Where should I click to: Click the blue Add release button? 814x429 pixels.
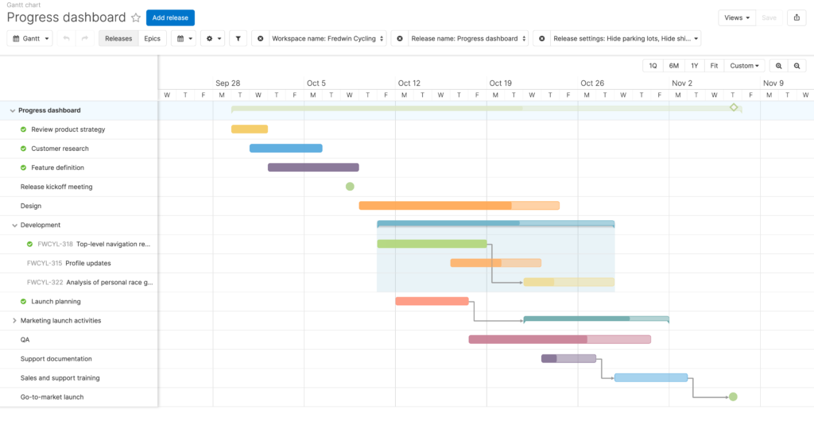tap(170, 17)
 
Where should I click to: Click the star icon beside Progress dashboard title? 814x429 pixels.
tap(136, 17)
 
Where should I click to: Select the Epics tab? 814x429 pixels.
tap(152, 38)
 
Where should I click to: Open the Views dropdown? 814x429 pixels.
tap(737, 17)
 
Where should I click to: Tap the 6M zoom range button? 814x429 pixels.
tap(674, 66)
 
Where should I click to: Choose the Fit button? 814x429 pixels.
tap(714, 66)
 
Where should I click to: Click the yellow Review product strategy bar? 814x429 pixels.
tap(250, 129)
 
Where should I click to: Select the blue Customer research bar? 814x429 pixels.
tap(286, 149)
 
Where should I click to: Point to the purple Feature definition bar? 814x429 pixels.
tap(313, 168)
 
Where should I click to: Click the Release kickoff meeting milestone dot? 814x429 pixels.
tap(350, 186)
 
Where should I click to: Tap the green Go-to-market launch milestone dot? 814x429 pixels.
tap(733, 397)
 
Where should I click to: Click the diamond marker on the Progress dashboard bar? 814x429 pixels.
tap(734, 107)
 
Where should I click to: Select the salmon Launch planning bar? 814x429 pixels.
tap(432, 301)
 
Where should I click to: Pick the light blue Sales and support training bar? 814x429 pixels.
tap(651, 377)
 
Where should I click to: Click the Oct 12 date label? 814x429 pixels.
tap(409, 83)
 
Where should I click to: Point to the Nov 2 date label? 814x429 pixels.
tap(681, 83)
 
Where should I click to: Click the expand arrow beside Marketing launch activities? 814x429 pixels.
tap(14, 321)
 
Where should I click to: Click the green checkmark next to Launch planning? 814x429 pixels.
tap(23, 301)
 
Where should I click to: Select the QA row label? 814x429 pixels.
tap(25, 340)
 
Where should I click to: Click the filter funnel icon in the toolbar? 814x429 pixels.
tap(238, 38)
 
